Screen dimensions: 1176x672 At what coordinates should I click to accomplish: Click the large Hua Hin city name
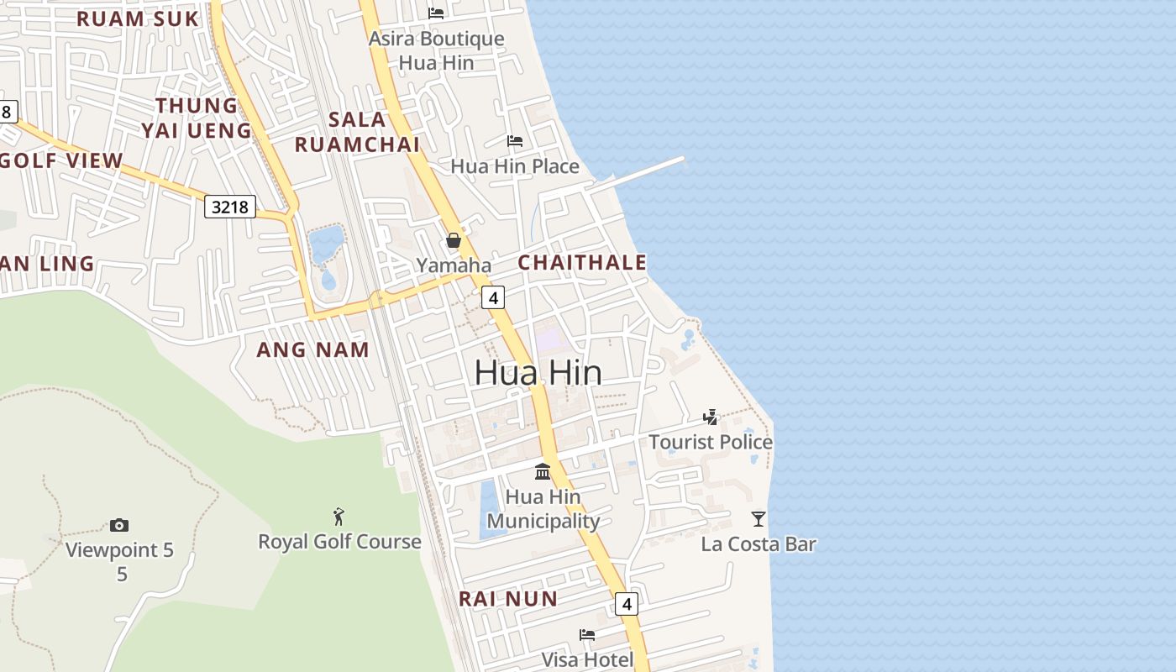coord(538,372)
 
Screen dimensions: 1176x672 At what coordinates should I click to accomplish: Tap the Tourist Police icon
coord(711,417)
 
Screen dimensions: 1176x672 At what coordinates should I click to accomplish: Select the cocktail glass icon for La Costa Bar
coord(759,519)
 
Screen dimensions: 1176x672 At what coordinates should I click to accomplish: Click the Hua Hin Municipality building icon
coord(543,471)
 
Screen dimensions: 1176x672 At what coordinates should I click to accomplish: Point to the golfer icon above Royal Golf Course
coord(339,517)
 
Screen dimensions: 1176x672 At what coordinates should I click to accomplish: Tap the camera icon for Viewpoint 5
coord(119,526)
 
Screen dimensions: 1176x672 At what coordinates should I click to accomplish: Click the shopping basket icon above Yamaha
coord(454,241)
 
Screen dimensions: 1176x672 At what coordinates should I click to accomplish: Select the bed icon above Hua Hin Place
coord(515,141)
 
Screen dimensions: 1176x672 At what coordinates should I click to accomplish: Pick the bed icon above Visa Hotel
coord(587,635)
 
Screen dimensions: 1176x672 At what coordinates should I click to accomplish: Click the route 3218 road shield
coord(230,206)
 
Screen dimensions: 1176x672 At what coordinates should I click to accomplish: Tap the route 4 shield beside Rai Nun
coord(626,603)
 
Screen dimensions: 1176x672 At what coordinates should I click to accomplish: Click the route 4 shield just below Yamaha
coord(493,297)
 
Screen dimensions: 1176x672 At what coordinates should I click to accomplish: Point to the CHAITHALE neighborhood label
coord(582,262)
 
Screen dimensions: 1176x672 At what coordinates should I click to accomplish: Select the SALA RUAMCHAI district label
coord(357,132)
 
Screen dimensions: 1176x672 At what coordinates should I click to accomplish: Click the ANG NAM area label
coord(312,349)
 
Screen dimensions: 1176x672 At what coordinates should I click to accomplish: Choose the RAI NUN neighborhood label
coord(507,599)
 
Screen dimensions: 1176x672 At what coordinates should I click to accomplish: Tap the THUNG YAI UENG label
coord(197,118)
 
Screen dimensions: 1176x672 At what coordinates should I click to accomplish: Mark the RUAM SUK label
coord(138,18)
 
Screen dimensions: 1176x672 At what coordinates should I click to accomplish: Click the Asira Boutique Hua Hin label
coord(436,50)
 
